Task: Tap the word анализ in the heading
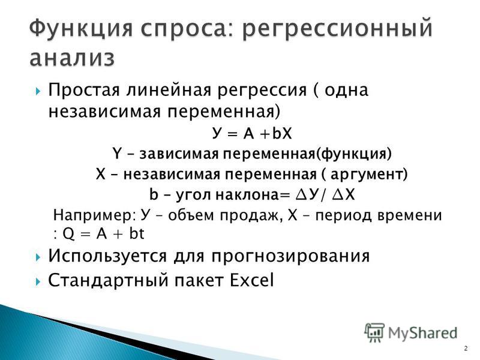tap(72, 58)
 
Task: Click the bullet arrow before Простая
tap(38, 91)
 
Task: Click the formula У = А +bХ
tap(251, 133)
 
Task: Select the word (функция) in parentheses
tap(353, 154)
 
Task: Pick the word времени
tap(410, 215)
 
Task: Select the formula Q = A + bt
tap(103, 234)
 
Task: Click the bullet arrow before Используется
tap(38, 257)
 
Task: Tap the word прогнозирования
tap(290, 257)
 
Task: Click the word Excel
tap(251, 280)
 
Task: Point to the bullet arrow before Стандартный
tap(38, 281)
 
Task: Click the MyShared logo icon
tap(374, 332)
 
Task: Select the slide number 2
tap(466, 349)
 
